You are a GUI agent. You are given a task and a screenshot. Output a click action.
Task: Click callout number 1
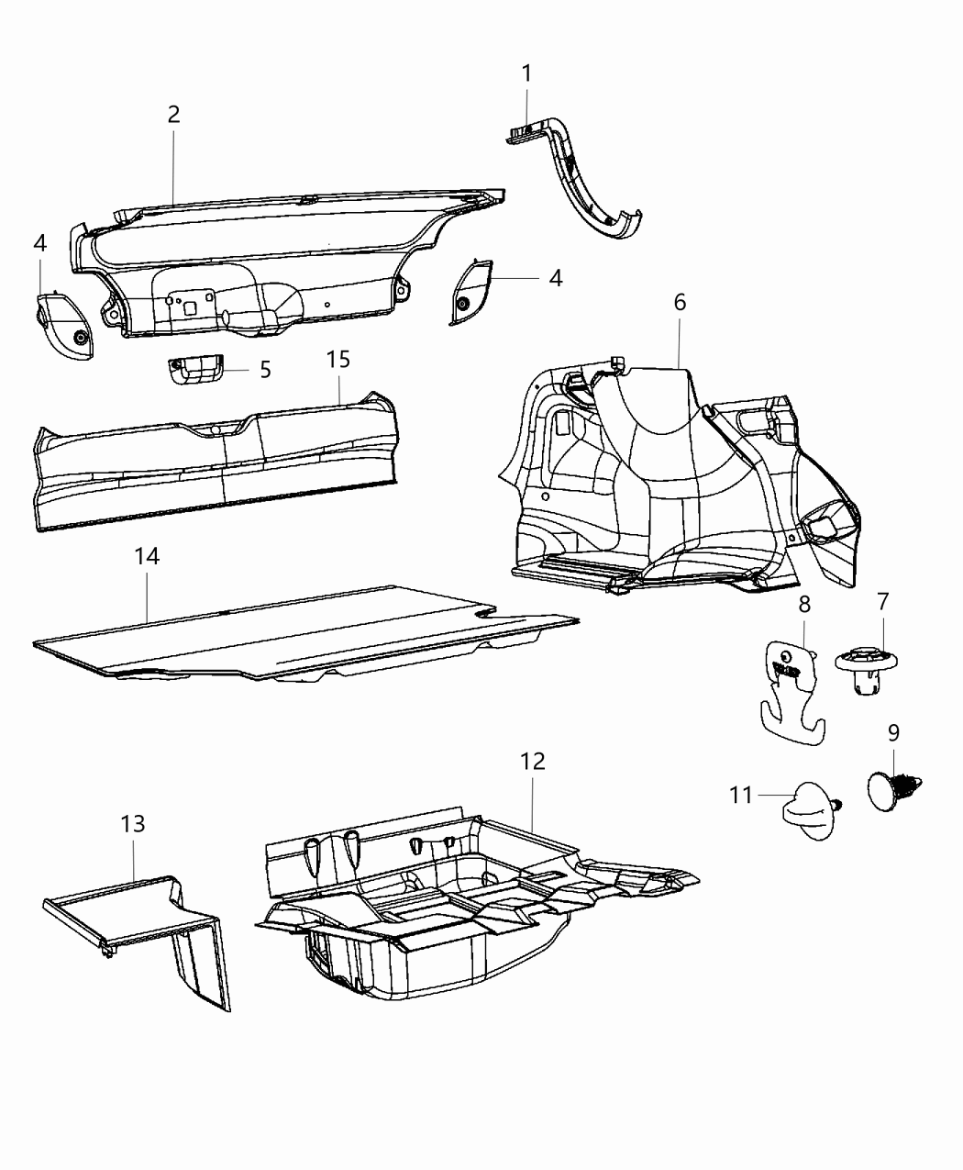526,73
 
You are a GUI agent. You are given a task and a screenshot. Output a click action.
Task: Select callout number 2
173,115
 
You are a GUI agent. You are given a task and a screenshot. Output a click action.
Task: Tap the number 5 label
265,370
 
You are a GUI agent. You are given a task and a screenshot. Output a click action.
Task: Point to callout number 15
338,359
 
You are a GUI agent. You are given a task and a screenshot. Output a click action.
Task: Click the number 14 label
147,556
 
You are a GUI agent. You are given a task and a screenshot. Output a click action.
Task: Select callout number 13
133,823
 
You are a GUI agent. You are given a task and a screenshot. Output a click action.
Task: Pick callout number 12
532,761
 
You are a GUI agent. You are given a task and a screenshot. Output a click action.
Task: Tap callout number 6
680,302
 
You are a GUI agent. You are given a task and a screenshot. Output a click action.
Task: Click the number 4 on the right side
556,278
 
